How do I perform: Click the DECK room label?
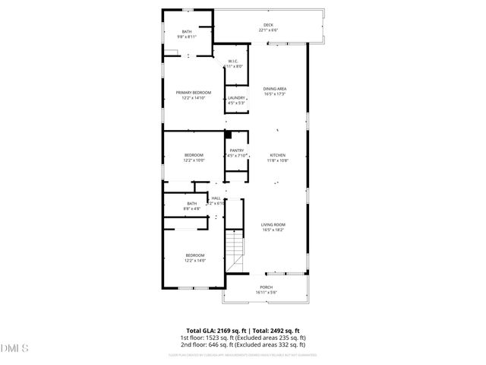[268, 25]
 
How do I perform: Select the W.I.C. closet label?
[233, 62]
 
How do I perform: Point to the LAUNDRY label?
[236, 97]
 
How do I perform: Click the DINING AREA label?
[274, 89]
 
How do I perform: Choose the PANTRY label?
[237, 151]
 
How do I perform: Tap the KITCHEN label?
[277, 155]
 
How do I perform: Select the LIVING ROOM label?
[273, 224]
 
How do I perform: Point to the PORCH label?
[266, 287]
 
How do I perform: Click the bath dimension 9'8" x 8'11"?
[187, 36]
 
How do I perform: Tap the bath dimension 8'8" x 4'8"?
[192, 208]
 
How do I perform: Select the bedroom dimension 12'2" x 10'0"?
[194, 160]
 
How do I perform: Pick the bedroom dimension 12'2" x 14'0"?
[195, 260]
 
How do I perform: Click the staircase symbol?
[236, 247]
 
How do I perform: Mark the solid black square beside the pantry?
[227, 135]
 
